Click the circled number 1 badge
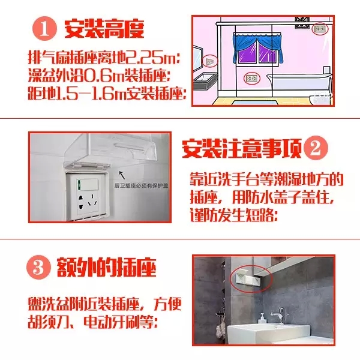[44, 29]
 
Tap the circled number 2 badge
[316, 148]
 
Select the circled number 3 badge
[38, 268]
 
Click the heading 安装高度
[104, 29]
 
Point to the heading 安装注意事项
[242, 148]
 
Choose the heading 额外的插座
[107, 268]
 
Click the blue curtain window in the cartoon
[257, 49]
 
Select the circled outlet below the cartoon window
[251, 79]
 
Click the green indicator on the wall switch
[79, 184]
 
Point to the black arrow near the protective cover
[122, 175]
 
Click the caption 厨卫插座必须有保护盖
[141, 186]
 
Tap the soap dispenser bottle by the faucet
[262, 318]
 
